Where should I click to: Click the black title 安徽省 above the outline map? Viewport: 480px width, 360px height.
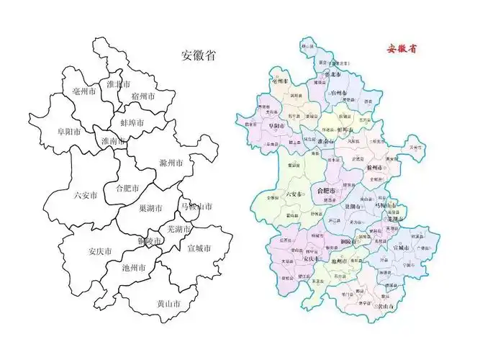click(x=199, y=55)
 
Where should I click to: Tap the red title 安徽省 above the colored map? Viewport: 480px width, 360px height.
click(x=402, y=50)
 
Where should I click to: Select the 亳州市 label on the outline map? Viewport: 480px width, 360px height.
click(x=84, y=92)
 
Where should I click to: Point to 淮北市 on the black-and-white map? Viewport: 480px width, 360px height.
click(x=118, y=84)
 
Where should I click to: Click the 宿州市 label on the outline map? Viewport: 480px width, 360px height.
click(x=144, y=96)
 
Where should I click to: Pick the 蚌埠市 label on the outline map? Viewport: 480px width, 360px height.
click(x=132, y=123)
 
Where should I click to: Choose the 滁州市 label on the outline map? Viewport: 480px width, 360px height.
click(x=171, y=163)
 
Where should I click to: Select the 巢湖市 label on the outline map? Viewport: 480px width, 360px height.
click(x=150, y=208)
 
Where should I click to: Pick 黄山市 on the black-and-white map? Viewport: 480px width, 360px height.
click(x=168, y=303)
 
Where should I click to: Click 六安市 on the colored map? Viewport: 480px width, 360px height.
click(x=295, y=194)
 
